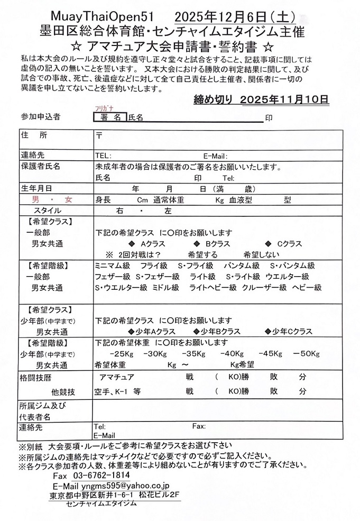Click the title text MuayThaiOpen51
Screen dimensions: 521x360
94,16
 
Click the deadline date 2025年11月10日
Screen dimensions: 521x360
284,99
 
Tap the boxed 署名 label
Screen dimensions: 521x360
110,117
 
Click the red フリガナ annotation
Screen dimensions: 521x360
100,109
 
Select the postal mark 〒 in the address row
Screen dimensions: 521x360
99,135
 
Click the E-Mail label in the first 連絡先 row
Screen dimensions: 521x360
215,156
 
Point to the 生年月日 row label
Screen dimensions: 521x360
36,188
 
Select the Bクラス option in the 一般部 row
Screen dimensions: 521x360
216,244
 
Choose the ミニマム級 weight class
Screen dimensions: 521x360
112,266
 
